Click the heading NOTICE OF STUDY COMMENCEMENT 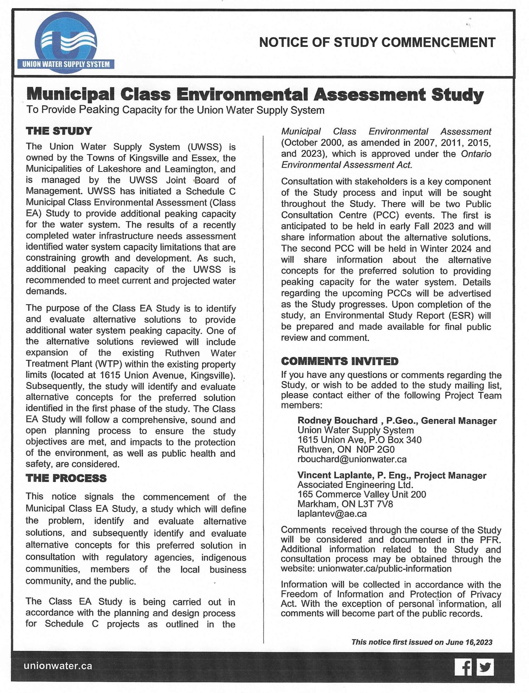(377, 42)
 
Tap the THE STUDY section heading (59, 131)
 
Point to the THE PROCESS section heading (66, 478)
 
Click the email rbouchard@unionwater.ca (352, 459)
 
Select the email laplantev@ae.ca (332, 514)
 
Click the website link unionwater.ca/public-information (384, 568)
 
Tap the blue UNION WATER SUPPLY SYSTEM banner (66, 64)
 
